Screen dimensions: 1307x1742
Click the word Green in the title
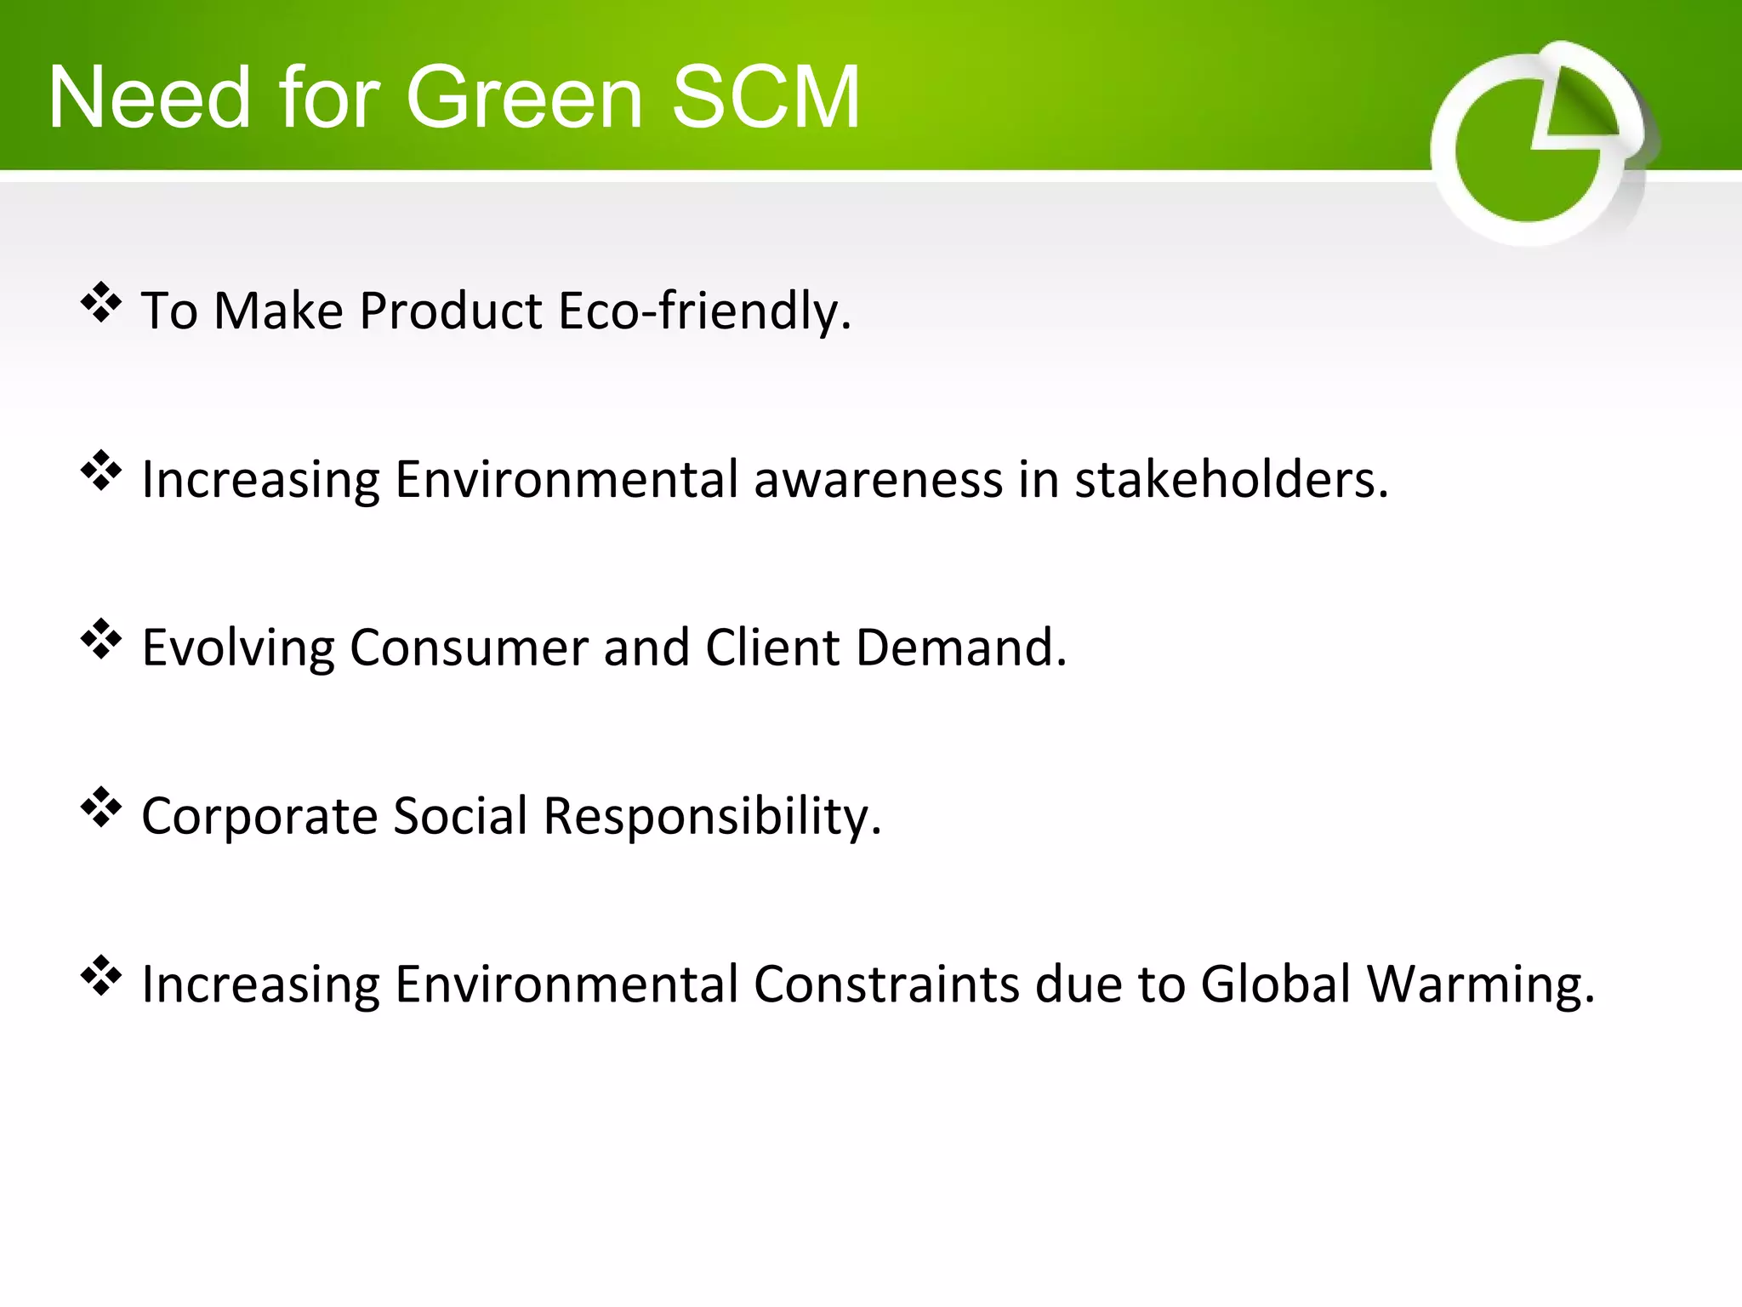524,98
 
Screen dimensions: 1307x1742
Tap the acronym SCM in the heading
766,98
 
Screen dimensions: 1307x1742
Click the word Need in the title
150,98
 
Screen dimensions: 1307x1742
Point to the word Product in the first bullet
451,311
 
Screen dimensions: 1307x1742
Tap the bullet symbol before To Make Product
101,302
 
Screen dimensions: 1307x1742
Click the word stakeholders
1231,479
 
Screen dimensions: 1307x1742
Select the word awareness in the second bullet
878,479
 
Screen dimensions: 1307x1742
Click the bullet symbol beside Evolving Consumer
101,639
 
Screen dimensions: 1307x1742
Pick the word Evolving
237,648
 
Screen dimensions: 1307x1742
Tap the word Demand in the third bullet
960,648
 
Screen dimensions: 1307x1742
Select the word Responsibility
711,817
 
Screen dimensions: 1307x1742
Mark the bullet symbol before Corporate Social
101,808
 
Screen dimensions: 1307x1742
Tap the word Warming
1480,985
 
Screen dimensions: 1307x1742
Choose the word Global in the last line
1275,985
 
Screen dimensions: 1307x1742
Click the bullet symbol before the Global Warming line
101,976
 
